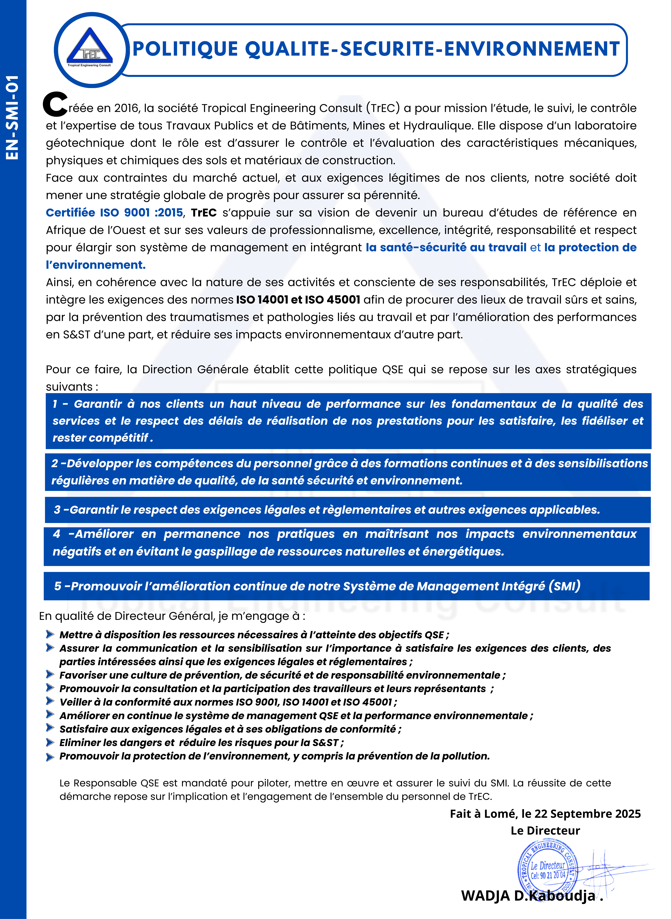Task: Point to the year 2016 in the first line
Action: pos(126,108)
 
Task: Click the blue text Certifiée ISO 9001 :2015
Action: pos(114,213)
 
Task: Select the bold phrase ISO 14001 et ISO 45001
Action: pos(298,300)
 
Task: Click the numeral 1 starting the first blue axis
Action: pos(55,404)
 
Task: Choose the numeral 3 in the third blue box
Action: pos(57,510)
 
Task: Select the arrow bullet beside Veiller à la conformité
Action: pos(50,701)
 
